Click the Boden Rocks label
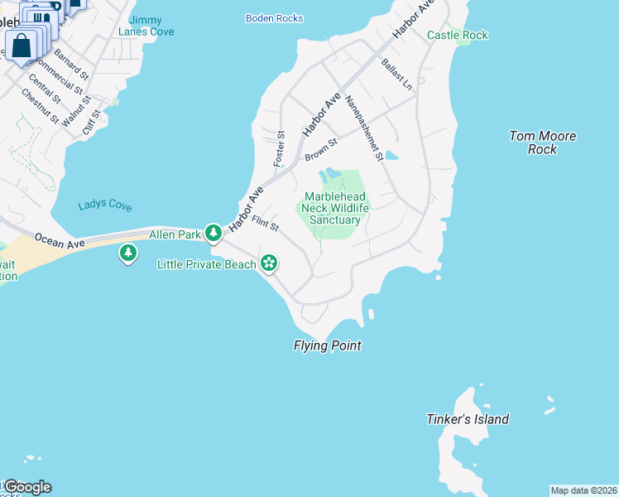[275, 18]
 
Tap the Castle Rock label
[457, 35]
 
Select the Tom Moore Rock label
[543, 142]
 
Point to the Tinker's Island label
[468, 419]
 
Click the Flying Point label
[327, 346]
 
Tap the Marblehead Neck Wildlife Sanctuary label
[335, 208]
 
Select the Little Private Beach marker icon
[268, 264]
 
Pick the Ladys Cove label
[104, 205]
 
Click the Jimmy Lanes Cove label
[146, 26]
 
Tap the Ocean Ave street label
[60, 242]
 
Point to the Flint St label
[266, 224]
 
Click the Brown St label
[321, 150]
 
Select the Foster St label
[280, 147]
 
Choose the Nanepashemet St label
[365, 128]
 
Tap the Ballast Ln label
[396, 75]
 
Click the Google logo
[26, 487]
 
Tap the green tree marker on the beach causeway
[127, 253]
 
